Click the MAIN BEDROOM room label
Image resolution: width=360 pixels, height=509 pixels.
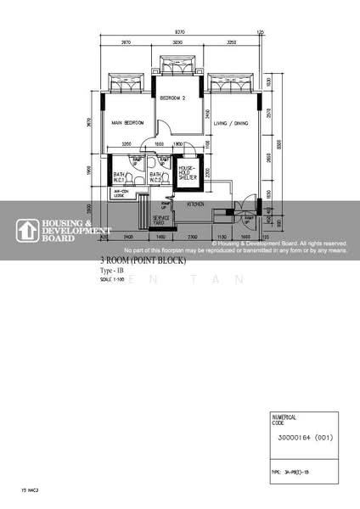pyautogui.click(x=128, y=123)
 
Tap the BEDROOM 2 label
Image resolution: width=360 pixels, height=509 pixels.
pyautogui.click(x=173, y=98)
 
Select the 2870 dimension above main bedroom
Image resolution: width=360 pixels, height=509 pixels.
pyautogui.click(x=126, y=41)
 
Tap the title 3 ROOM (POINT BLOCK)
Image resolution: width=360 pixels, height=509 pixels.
pyautogui.click(x=143, y=261)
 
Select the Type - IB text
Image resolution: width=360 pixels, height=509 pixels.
pyautogui.click(x=112, y=271)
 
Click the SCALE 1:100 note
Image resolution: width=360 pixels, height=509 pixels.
pyautogui.click(x=112, y=279)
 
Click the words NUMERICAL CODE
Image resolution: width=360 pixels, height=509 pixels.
pyautogui.click(x=283, y=419)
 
